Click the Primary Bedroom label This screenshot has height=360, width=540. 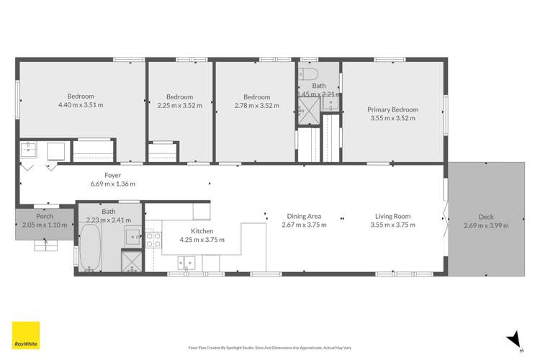pyautogui.click(x=394, y=109)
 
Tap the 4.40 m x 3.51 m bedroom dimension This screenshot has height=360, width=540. pyautogui.click(x=81, y=105)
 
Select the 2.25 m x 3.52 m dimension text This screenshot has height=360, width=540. pyautogui.click(x=179, y=105)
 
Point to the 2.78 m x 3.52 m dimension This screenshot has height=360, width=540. pyautogui.click(x=256, y=105)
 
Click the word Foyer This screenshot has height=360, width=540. pyautogui.click(x=112, y=175)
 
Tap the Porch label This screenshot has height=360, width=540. pyautogui.click(x=45, y=216)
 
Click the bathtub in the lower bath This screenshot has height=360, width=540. pyautogui.click(x=90, y=248)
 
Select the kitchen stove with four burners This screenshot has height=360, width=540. pyautogui.click(x=153, y=240)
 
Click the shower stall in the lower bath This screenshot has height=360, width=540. pyautogui.click(x=132, y=261)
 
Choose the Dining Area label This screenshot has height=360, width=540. pyautogui.click(x=304, y=216)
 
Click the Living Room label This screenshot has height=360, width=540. pyautogui.click(x=393, y=216)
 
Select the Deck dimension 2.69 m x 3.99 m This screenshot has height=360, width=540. pyautogui.click(x=486, y=225)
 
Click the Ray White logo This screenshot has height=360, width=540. pyautogui.click(x=26, y=336)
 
